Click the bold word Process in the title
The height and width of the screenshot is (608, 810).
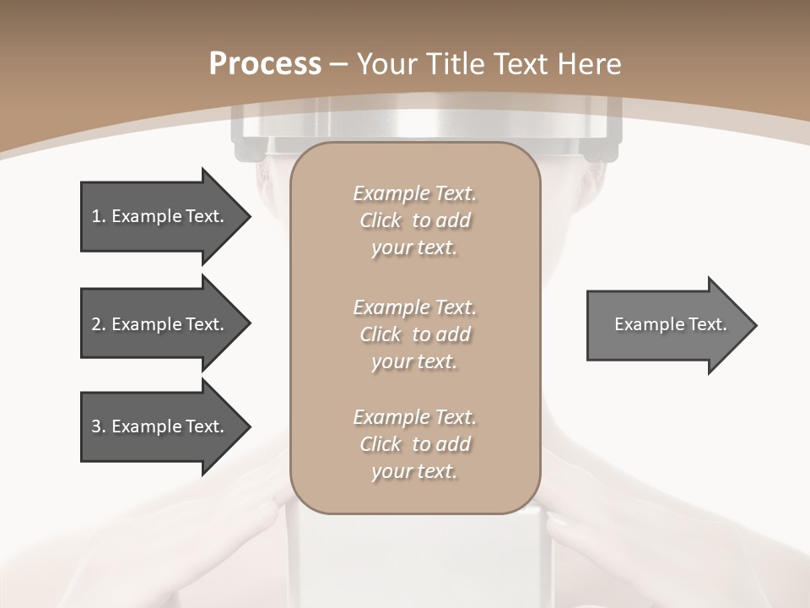pos(265,64)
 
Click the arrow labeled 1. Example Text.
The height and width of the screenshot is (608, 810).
pos(160,216)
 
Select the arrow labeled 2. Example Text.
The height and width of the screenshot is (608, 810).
pos(160,324)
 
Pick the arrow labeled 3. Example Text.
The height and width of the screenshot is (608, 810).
pos(160,426)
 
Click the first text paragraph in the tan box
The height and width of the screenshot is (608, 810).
pos(414,220)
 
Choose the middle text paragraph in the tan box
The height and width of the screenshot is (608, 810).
pos(414,334)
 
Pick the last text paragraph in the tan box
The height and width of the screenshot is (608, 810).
pos(414,444)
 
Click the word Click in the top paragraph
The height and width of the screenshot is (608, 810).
pos(381,220)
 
